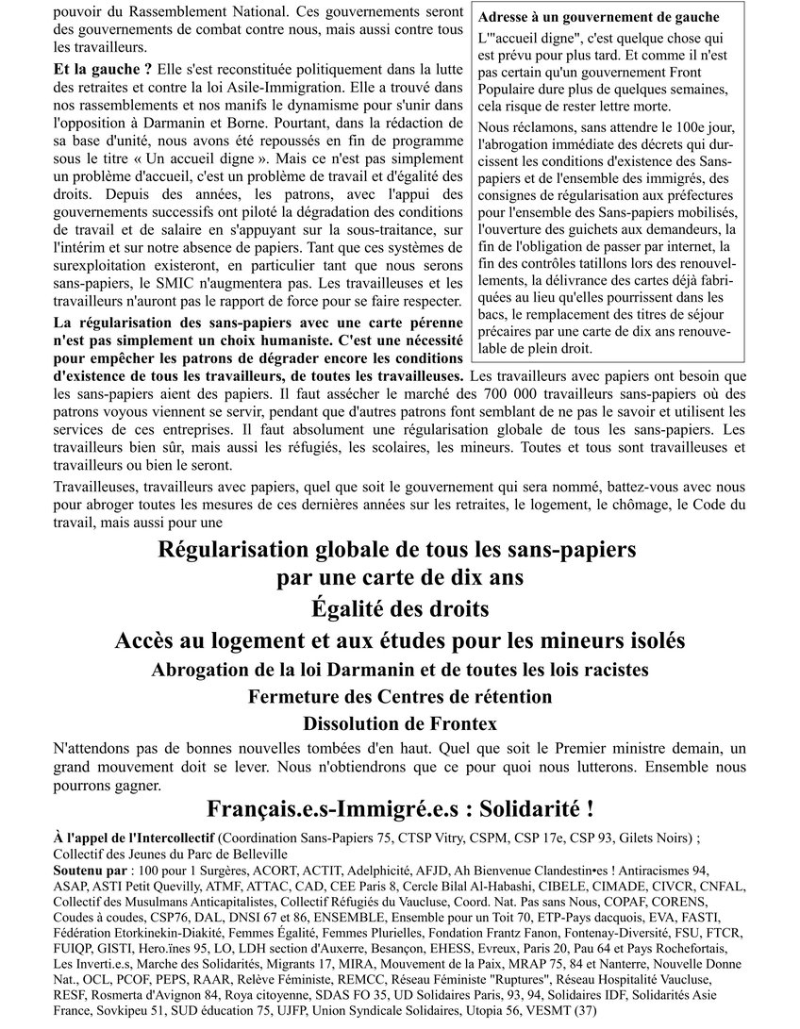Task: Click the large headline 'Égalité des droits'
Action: coord(399,608)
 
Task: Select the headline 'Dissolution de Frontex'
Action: coord(399,724)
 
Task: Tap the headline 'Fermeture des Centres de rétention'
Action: coord(399,697)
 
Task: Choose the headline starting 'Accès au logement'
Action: coord(399,640)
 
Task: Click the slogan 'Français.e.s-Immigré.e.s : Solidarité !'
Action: coord(399,808)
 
